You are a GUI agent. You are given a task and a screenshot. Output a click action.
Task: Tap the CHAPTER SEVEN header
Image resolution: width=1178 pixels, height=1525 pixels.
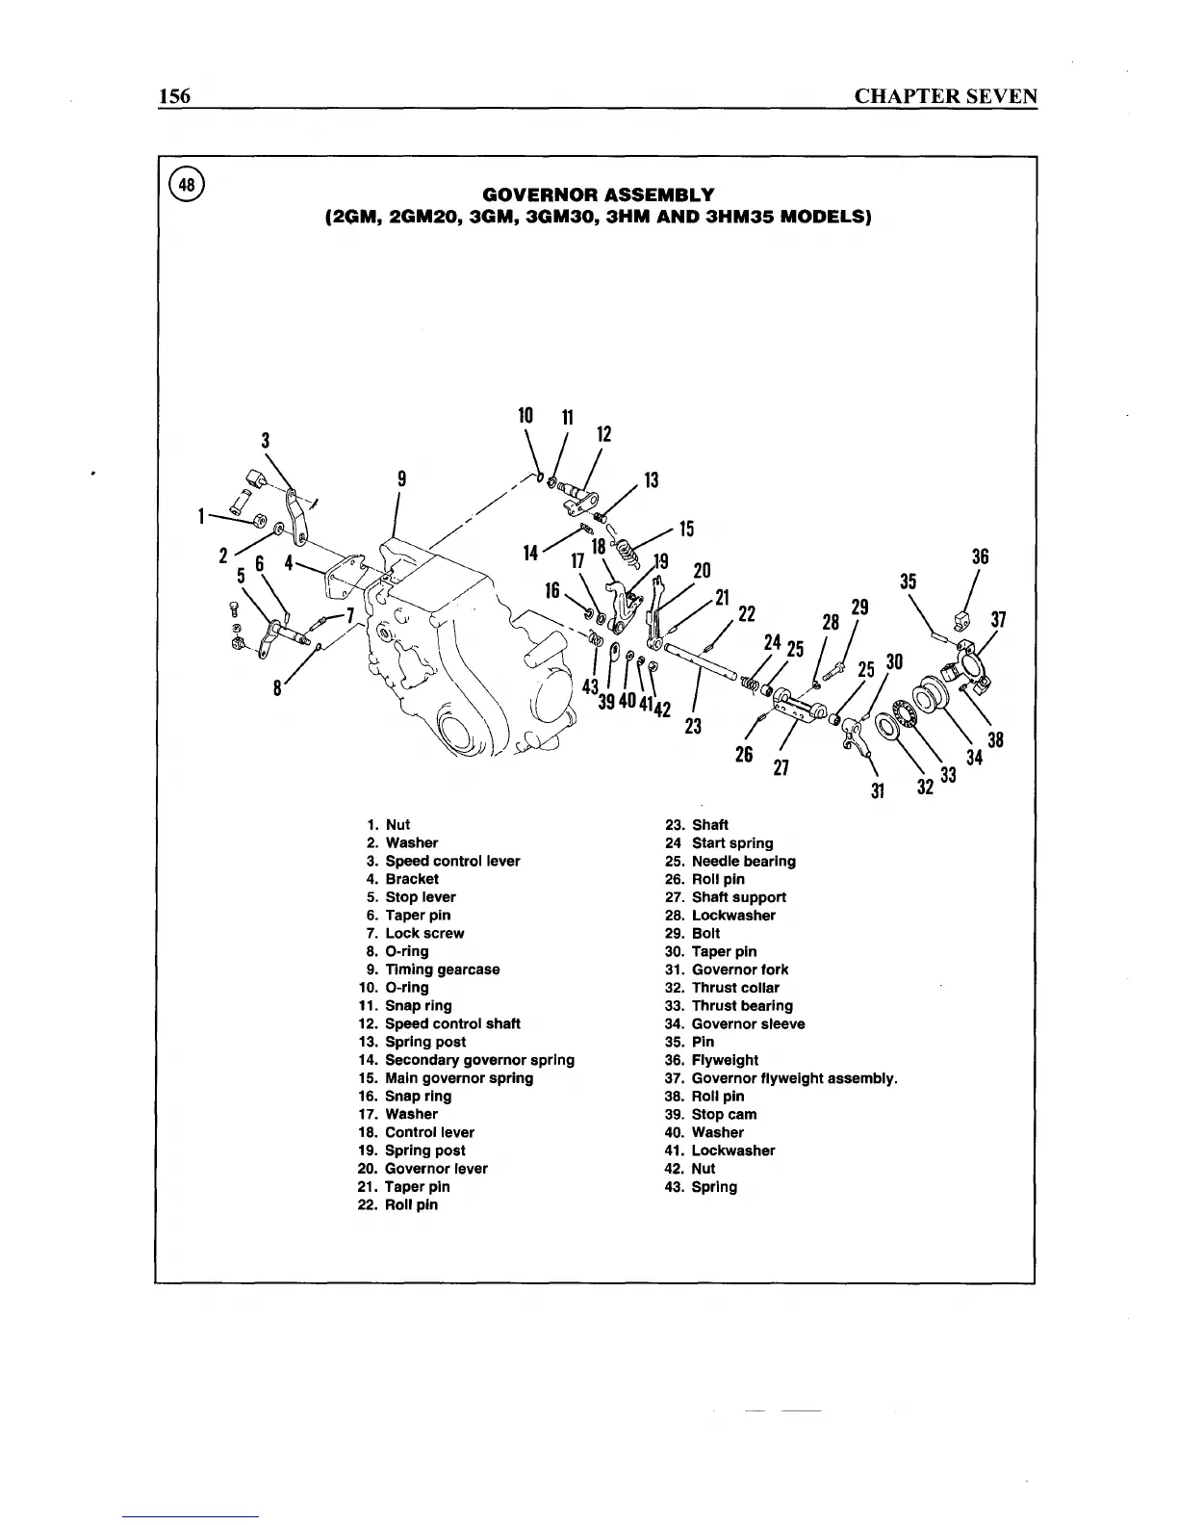click(x=946, y=96)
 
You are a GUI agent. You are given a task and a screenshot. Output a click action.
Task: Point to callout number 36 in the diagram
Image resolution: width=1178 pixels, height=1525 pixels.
click(x=980, y=556)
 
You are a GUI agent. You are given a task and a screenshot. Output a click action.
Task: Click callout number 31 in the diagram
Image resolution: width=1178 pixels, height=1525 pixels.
click(x=877, y=791)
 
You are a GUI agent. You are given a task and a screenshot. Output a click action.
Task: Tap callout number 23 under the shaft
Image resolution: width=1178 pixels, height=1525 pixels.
click(x=692, y=725)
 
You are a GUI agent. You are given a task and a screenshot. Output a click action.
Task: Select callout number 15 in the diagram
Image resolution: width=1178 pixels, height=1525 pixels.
click(x=686, y=529)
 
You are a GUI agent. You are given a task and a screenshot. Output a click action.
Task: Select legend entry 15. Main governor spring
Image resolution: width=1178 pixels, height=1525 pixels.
click(x=446, y=1078)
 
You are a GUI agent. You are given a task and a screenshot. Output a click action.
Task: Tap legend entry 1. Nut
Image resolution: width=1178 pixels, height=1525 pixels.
click(x=389, y=825)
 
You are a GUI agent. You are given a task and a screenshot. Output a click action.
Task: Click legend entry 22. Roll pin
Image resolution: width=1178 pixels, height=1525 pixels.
click(x=398, y=1205)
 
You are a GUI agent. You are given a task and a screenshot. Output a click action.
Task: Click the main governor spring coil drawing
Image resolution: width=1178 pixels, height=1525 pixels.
click(x=627, y=554)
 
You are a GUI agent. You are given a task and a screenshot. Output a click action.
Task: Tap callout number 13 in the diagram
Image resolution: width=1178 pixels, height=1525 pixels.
click(x=652, y=480)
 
